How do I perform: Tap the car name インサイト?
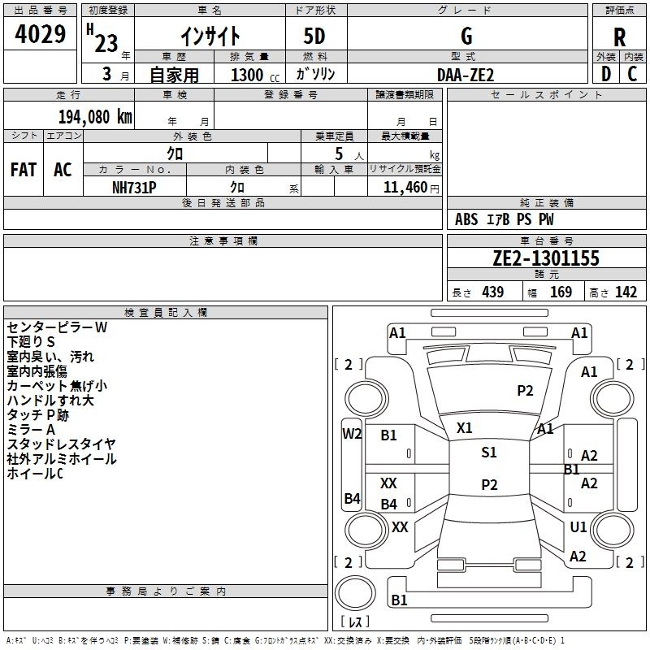coord(210,36)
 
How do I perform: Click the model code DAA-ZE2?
coord(466,75)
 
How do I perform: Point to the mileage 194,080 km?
coord(95,116)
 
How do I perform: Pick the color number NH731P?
coord(134,186)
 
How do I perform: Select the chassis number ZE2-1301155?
coord(546,258)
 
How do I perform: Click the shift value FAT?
coord(24,170)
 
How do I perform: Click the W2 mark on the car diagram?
coord(352,434)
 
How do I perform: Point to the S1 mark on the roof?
coord(489,453)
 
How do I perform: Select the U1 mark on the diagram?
coord(578,527)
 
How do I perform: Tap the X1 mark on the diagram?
coord(465,427)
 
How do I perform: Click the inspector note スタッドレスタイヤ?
coord(62,444)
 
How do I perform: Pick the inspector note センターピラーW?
coord(57,327)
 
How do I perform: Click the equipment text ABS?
coord(466,219)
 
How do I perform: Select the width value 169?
coord(561,292)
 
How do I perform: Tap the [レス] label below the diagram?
coord(355,623)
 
